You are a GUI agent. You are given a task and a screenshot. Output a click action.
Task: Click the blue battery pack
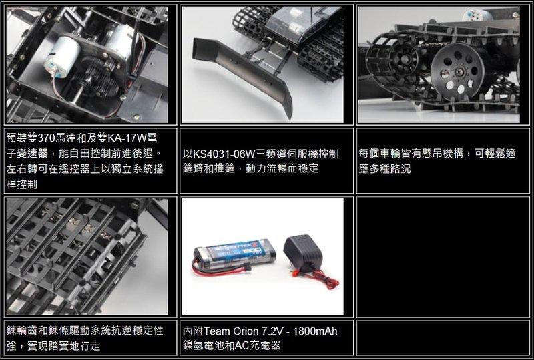234,254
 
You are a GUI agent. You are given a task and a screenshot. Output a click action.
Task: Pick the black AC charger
302,253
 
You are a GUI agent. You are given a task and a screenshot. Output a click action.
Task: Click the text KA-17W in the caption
127,138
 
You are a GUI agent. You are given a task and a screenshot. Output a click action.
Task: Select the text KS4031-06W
224,154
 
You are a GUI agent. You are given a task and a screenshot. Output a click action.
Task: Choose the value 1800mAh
315,331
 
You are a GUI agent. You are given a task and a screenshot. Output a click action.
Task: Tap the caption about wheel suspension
437,161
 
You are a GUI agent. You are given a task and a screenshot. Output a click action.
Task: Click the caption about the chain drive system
85,338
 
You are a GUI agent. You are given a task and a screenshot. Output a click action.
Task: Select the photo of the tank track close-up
87,256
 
